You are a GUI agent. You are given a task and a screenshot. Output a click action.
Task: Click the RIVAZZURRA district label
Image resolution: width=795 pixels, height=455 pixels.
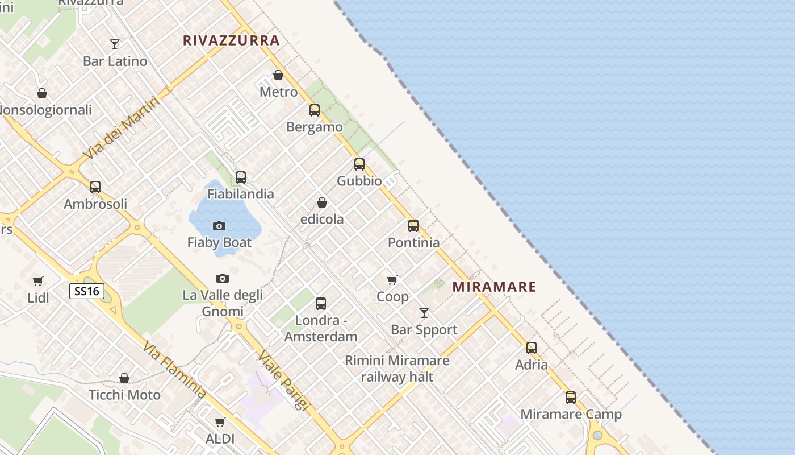click(231, 40)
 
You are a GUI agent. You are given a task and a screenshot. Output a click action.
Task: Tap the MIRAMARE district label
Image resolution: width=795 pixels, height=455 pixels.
click(494, 287)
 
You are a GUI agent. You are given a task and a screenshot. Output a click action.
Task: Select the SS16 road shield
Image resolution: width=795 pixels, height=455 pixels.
click(87, 292)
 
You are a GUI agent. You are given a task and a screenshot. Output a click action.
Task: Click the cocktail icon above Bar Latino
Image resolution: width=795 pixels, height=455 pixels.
click(115, 44)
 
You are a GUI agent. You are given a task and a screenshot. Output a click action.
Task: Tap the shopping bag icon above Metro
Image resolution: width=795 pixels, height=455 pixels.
click(278, 75)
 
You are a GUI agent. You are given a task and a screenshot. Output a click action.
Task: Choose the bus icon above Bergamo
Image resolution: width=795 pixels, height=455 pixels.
click(315, 110)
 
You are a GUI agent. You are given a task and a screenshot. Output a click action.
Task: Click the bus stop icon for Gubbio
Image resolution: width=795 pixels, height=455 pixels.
click(359, 164)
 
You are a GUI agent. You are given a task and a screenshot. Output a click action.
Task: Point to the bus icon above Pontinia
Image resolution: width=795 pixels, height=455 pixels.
click(413, 226)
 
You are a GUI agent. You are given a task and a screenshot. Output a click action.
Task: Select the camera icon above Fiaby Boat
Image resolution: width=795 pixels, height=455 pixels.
click(219, 226)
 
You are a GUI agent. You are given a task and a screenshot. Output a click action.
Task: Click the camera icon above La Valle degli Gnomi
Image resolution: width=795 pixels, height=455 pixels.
click(223, 278)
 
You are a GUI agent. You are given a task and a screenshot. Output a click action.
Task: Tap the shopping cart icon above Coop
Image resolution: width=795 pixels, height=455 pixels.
click(392, 280)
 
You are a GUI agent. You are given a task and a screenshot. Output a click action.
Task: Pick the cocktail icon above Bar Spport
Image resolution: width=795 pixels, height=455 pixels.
click(424, 313)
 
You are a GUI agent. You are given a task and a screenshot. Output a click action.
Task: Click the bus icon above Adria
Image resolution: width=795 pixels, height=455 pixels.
click(532, 348)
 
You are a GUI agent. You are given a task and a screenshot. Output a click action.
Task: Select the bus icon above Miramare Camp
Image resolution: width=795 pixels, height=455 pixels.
click(571, 398)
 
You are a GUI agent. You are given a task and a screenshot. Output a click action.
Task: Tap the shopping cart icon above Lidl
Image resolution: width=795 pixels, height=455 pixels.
click(38, 281)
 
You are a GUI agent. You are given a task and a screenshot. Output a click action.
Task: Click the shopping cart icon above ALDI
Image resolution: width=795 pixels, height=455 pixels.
click(220, 422)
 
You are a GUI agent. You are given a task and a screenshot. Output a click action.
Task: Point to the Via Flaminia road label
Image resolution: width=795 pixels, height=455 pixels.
click(174, 369)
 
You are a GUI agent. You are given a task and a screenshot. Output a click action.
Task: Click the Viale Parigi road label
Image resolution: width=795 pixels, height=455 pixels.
click(282, 380)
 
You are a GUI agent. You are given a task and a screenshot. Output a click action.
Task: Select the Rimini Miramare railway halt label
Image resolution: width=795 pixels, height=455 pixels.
click(397, 369)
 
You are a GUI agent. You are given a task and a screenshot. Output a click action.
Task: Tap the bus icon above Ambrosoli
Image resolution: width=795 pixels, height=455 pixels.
click(95, 187)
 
